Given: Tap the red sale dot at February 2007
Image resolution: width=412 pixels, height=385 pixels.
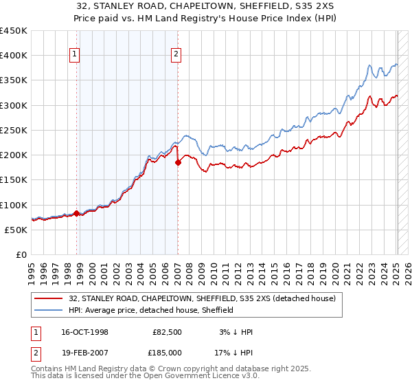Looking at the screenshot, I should coord(178,163).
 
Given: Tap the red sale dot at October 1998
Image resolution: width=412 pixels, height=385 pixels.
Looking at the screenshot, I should coord(76,213).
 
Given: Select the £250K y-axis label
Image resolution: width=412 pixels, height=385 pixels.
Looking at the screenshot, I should coord(14,130).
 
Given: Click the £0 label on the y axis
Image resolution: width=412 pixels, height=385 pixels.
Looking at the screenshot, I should coord(21,254).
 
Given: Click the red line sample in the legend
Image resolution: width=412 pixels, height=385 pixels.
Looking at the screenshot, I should coord(49,298).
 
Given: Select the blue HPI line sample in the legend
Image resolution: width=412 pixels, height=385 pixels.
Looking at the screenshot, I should coord(49,310).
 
